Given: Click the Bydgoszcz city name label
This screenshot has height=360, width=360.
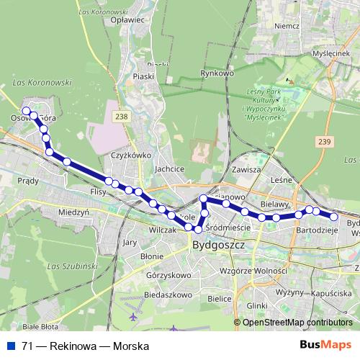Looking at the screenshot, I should pyautogui.click(x=220, y=246).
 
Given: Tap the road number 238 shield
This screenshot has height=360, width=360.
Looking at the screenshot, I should pyautogui.click(x=122, y=117).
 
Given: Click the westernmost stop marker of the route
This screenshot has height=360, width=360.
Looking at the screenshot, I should pyautogui.click(x=26, y=111).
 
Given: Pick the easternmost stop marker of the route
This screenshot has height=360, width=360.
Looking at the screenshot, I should pyautogui.click(x=334, y=216).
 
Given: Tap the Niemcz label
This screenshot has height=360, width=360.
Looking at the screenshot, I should pyautogui.click(x=287, y=26).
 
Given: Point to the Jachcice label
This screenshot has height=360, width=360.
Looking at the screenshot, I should pyautogui.click(x=169, y=169).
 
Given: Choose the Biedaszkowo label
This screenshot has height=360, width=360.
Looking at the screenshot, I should pyautogui.click(x=168, y=294).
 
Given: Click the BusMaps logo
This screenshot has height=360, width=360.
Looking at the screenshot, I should pyautogui.click(x=325, y=346).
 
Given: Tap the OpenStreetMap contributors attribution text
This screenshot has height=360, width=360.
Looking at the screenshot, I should pyautogui.click(x=297, y=323).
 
